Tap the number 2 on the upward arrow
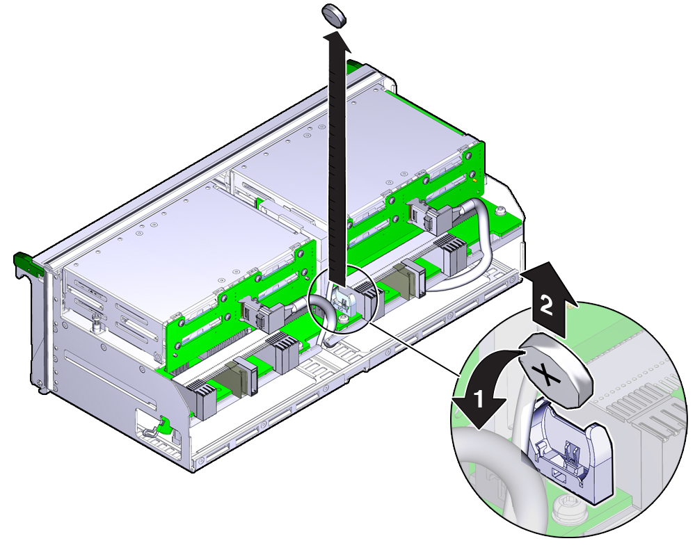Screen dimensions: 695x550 tap(546, 305)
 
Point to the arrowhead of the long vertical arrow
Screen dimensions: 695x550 tap(337, 40)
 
